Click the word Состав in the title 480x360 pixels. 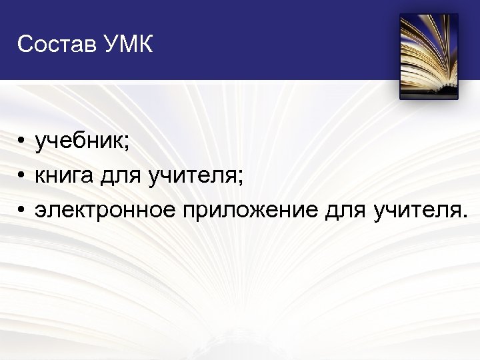(57, 45)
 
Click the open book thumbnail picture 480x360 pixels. (429, 57)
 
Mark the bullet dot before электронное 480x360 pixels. (22, 211)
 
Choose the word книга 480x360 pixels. (64, 177)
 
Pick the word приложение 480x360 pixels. (250, 211)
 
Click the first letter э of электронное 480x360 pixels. (41, 211)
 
